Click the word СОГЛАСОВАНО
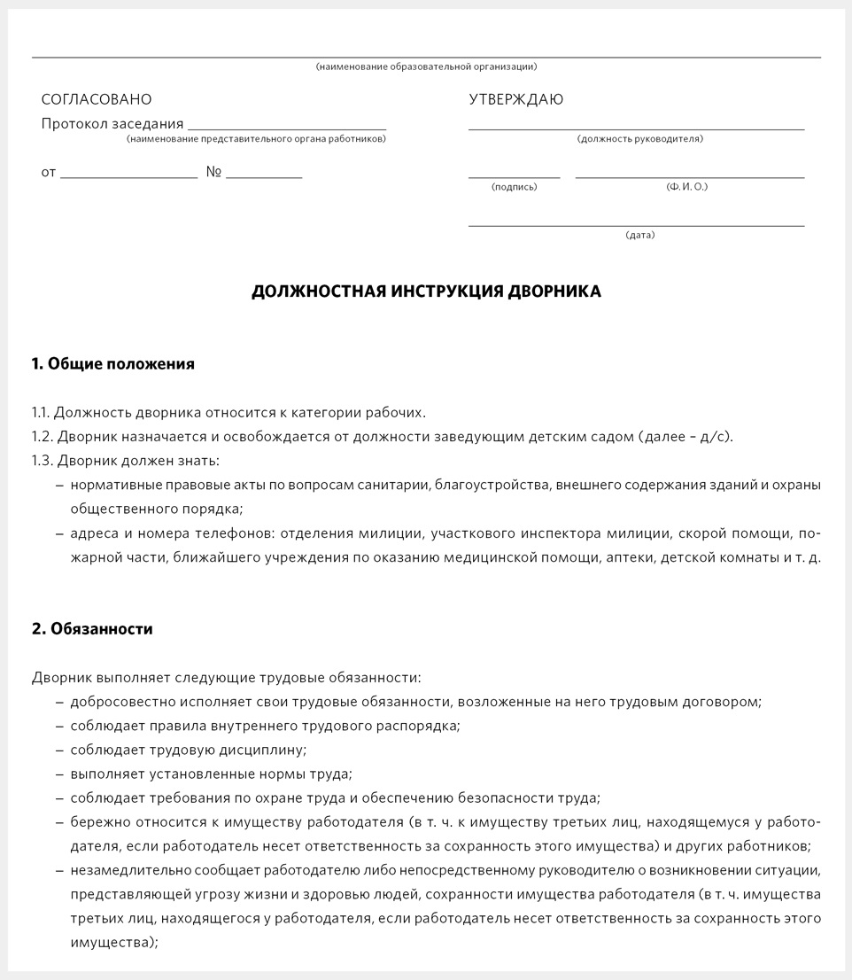point(97,100)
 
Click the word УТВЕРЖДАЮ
point(515,100)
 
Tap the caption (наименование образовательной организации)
point(426,67)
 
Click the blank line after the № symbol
point(264,176)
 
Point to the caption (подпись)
point(514,187)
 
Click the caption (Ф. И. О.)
point(687,187)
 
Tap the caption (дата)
point(640,236)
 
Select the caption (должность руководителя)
point(639,139)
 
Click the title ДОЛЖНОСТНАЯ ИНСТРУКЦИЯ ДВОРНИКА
point(426,292)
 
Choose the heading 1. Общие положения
point(113,364)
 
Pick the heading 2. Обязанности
point(92,629)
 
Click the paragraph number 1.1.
point(41,413)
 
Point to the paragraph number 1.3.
point(42,461)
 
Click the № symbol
point(213,172)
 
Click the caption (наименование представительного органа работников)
point(256,139)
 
